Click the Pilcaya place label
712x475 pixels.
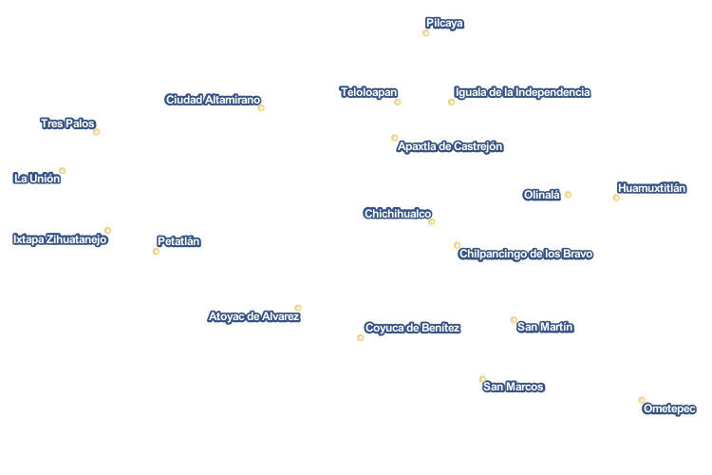click(444, 23)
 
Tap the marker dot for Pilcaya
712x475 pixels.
click(426, 33)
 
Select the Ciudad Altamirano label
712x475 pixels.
click(213, 100)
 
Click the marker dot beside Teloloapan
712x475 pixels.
click(398, 102)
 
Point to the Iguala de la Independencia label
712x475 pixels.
click(522, 92)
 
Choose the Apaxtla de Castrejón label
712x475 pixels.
click(450, 146)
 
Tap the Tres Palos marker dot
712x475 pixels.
click(96, 132)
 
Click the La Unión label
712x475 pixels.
click(37, 179)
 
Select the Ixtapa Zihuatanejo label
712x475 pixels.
click(60, 239)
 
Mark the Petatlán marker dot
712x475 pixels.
click(156, 252)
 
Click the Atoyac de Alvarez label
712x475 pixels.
click(253, 316)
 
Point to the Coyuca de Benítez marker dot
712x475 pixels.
click(361, 337)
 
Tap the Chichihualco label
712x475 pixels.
click(397, 214)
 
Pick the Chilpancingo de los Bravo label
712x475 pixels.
click(525, 254)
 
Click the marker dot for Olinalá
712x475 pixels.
click(568, 195)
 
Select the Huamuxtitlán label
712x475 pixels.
click(651, 188)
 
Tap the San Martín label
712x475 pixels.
click(545, 327)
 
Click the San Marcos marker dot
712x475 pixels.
click(482, 379)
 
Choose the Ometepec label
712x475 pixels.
click(669, 408)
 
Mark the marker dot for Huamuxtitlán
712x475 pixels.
click(616, 198)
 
